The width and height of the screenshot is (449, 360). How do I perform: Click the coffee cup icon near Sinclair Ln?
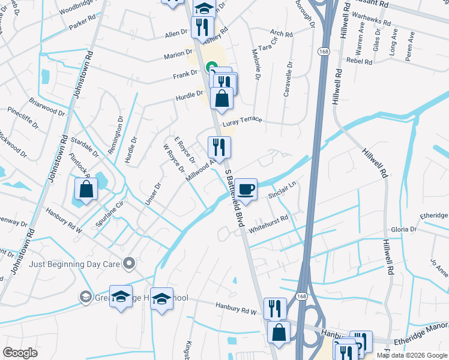[246, 189]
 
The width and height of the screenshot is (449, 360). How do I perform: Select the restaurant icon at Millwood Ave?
[218, 147]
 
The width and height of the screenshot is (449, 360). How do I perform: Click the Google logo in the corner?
[20, 353]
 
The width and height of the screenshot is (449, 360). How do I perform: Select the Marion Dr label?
[178, 55]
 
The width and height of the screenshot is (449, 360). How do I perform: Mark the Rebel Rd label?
[360, 61]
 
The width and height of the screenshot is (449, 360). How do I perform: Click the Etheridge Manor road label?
[421, 340]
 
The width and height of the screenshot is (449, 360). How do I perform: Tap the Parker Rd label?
[82, 23]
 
